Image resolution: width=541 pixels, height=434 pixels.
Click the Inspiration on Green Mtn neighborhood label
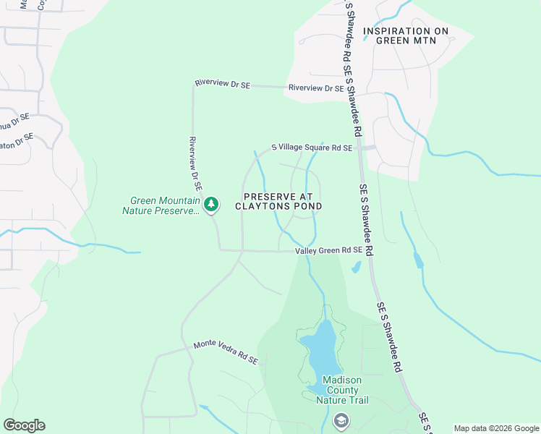point(406,36)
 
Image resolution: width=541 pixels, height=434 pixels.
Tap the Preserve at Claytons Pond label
point(278,201)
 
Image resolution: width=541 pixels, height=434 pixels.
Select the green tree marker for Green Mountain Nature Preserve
point(210,205)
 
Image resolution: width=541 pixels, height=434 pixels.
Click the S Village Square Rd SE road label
point(312,148)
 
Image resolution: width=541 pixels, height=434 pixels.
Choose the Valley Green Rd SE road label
point(328,250)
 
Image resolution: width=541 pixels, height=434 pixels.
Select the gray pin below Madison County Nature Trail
point(341,420)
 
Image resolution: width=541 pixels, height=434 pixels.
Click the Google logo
point(24,425)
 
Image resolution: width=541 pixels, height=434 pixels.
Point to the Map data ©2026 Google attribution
point(495,428)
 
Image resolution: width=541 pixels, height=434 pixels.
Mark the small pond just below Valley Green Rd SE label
point(356,268)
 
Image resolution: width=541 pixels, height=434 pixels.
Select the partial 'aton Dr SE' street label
point(16,140)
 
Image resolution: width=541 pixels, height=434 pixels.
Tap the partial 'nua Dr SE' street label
point(14,120)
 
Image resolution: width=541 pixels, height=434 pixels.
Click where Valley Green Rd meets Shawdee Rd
point(369,250)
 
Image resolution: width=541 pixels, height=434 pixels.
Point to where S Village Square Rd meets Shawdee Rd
point(359,148)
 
